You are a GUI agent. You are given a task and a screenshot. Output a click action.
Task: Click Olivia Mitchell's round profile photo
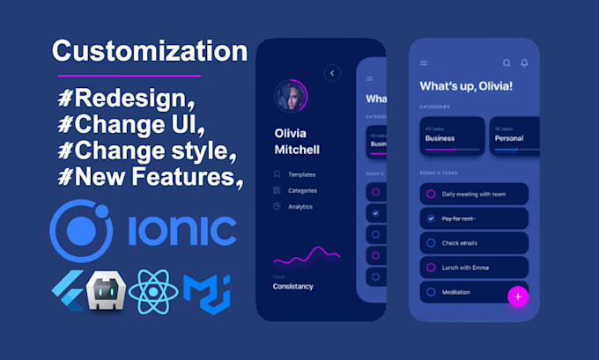tap(291, 97)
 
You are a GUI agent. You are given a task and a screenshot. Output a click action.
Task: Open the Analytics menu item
tap(301, 206)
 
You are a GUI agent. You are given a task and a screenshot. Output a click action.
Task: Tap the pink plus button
tap(518, 297)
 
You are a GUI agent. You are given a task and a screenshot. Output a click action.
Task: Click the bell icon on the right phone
tap(525, 63)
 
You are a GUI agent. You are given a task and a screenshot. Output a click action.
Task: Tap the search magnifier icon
tap(507, 63)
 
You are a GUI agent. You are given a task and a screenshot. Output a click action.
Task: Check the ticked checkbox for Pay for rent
tap(431, 217)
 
